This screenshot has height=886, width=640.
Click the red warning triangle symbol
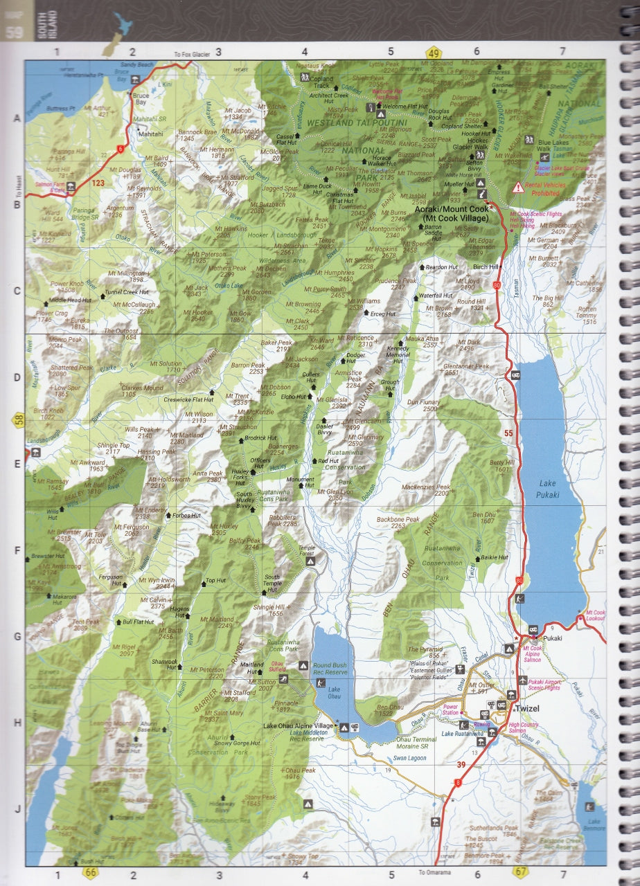point(517,188)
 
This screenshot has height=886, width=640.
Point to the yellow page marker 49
point(434,53)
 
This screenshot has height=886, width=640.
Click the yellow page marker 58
point(18,419)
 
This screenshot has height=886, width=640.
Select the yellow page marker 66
point(91,872)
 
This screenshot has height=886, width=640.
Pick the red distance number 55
point(509,433)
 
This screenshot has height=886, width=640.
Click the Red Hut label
point(328,461)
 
